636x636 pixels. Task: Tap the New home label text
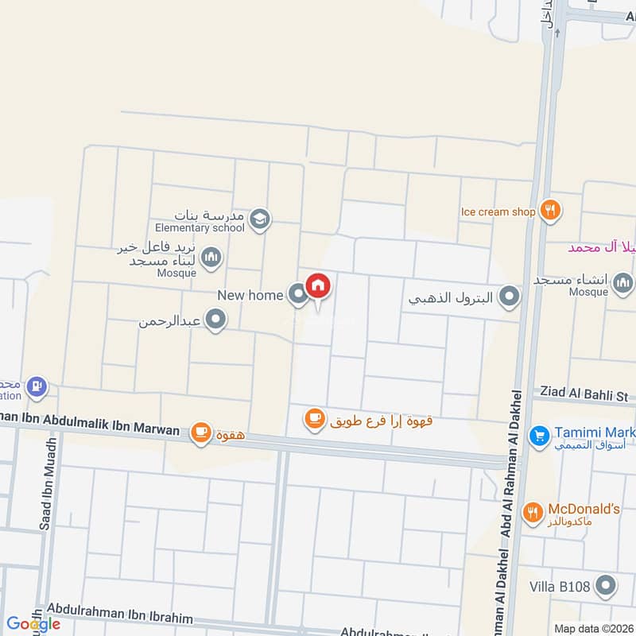point(250,296)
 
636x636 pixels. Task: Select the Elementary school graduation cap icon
point(260,219)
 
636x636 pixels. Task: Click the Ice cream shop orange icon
point(550,211)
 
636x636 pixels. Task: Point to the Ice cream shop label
point(498,212)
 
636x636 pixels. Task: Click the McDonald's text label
point(584,509)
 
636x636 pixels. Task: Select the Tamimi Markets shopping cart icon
point(540,436)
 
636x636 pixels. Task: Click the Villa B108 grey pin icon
point(607,588)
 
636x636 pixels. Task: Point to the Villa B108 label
point(560,588)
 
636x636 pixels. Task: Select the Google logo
point(33,623)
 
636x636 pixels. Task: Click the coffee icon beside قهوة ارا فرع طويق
point(315,417)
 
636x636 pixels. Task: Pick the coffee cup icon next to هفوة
point(200,432)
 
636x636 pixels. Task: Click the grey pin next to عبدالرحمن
point(215,320)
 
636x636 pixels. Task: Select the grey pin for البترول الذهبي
point(510,298)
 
